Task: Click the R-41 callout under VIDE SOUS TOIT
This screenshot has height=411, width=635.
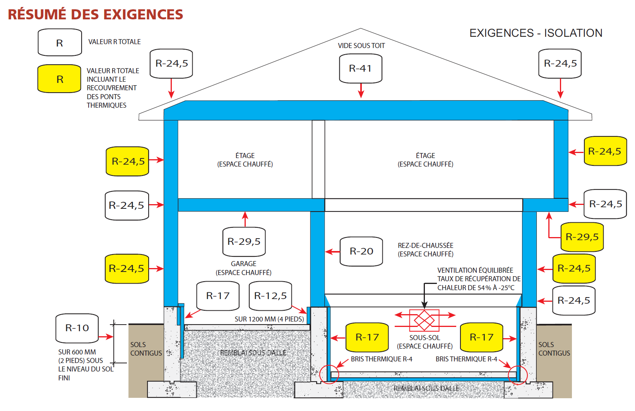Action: point(361,69)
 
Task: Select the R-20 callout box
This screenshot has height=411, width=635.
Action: point(361,251)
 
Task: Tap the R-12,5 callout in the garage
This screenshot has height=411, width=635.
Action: point(270,296)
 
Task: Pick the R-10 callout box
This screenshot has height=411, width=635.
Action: point(77,328)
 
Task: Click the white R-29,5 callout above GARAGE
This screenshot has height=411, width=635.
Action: point(244,242)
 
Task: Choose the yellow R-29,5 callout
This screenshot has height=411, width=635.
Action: point(582,237)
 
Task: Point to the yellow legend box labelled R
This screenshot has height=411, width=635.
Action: point(60,79)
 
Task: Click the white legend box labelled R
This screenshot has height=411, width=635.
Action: point(60,43)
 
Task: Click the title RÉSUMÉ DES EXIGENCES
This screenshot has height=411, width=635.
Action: point(95,14)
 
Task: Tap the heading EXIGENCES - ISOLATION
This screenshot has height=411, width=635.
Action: point(536,33)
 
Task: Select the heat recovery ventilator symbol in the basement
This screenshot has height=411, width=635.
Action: point(424,320)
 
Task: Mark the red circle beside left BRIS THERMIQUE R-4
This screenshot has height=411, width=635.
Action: point(329,374)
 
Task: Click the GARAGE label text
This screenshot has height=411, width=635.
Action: point(243,264)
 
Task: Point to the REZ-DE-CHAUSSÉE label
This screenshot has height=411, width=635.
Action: point(425,246)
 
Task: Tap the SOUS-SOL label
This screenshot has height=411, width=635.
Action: point(424,338)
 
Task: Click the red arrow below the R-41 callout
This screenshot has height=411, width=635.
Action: point(361,91)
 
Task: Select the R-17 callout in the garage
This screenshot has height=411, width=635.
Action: point(218,296)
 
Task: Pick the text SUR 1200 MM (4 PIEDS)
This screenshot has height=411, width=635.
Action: point(269,319)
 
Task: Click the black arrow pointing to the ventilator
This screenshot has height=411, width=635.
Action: point(424,298)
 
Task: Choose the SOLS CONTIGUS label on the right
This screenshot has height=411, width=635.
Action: point(554,349)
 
